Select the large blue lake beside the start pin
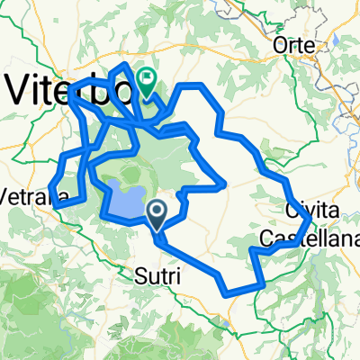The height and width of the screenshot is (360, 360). click(122, 199)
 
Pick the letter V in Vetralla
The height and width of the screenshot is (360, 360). click(6, 195)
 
